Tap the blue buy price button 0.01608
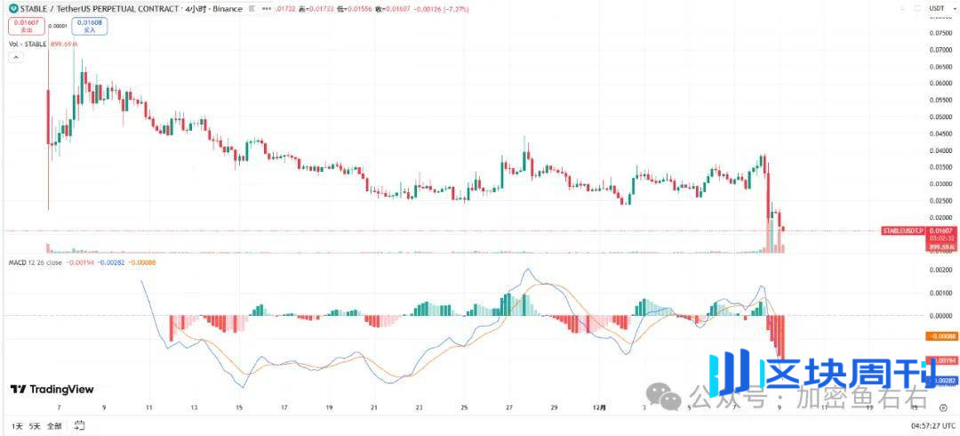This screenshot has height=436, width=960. tap(89, 27)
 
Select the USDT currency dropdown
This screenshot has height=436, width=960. tap(936, 9)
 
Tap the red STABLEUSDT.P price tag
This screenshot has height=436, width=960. tap(900, 230)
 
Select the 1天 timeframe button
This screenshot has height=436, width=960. tap(16, 426)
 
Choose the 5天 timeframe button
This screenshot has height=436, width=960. tap(35, 426)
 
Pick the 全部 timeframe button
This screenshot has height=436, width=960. tap(55, 426)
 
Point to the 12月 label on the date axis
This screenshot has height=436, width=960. tap(601, 408)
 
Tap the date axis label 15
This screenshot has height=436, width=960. tap(238, 408)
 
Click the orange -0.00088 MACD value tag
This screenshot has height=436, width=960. tap(940, 336)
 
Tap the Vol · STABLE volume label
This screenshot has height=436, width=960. tap(27, 44)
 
